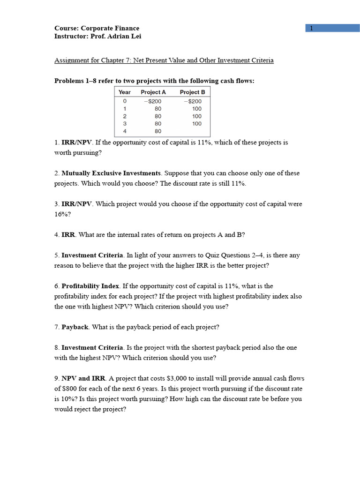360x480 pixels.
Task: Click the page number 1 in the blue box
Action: pyautogui.click(x=311, y=28)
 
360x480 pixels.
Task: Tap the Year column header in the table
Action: pyautogui.click(x=125, y=92)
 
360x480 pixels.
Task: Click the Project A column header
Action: pyautogui.click(x=153, y=92)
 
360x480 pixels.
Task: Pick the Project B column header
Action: pyautogui.click(x=192, y=92)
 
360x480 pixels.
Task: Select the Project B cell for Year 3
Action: pyautogui.click(x=196, y=124)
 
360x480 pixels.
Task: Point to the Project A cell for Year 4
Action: pyautogui.click(x=158, y=131)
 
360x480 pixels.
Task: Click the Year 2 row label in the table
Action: pyautogui.click(x=125, y=116)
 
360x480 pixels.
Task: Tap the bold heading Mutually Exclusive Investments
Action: pyautogui.click(x=111, y=173)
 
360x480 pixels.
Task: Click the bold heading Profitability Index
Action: pyautogui.click(x=90, y=286)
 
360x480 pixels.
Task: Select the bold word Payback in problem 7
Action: pyautogui.click(x=75, y=327)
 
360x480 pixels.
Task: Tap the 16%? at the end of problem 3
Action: pyautogui.click(x=62, y=214)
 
